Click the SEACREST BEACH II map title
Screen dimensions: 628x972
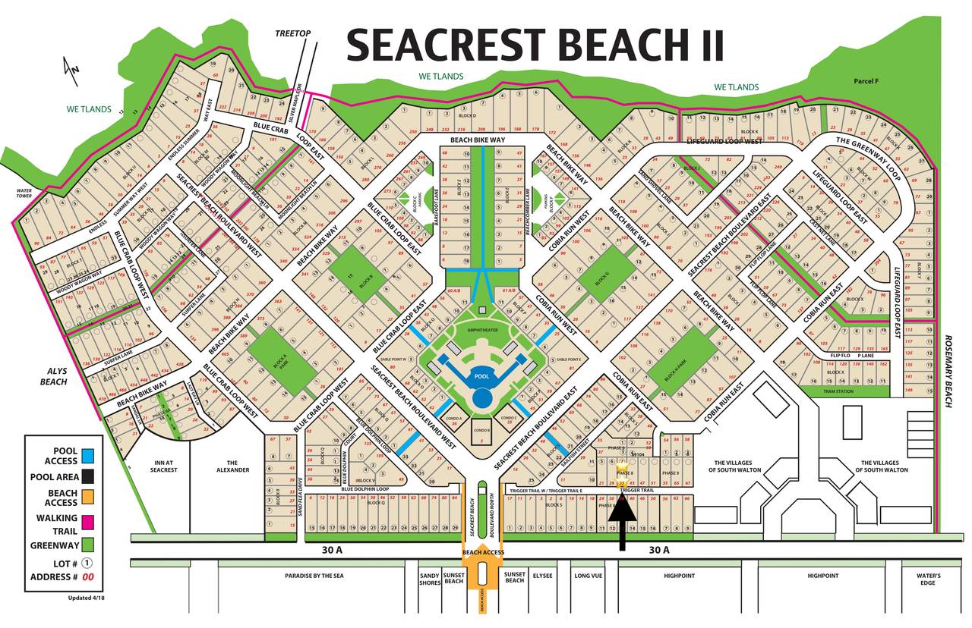(535, 46)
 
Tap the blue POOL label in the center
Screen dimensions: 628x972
(481, 376)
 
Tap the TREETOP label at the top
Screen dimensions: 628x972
(293, 33)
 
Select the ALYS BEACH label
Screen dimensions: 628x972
(54, 376)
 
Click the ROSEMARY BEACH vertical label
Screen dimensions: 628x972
(948, 371)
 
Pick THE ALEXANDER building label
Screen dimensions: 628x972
(232, 466)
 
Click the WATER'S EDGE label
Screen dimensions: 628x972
(927, 579)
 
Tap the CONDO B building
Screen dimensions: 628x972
(481, 431)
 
